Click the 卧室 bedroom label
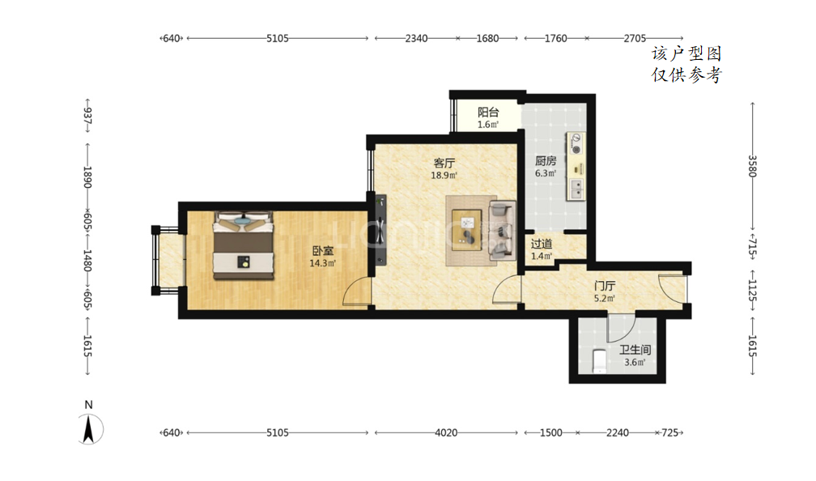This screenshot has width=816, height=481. tap(323, 251)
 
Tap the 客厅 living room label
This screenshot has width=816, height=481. tap(444, 163)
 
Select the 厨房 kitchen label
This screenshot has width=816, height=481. tap(546, 161)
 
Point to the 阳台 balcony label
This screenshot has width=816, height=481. tap(488, 112)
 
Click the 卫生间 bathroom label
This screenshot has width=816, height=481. tap(635, 350)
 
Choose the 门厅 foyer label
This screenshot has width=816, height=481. tap(605, 286)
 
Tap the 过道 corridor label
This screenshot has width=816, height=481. tap(542, 244)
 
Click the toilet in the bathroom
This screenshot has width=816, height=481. tap(600, 361)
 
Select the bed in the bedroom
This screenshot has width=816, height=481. tap(243, 245)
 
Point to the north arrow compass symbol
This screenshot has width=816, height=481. tap(90, 429)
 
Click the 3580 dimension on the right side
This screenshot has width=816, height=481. tap(752, 166)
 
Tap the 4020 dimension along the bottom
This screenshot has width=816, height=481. tap(446, 432)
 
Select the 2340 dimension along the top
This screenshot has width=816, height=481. tap(416, 38)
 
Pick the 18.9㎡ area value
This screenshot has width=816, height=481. tap(444, 176)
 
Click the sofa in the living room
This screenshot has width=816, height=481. tap(502, 231)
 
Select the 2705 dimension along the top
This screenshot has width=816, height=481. tap(635, 38)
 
